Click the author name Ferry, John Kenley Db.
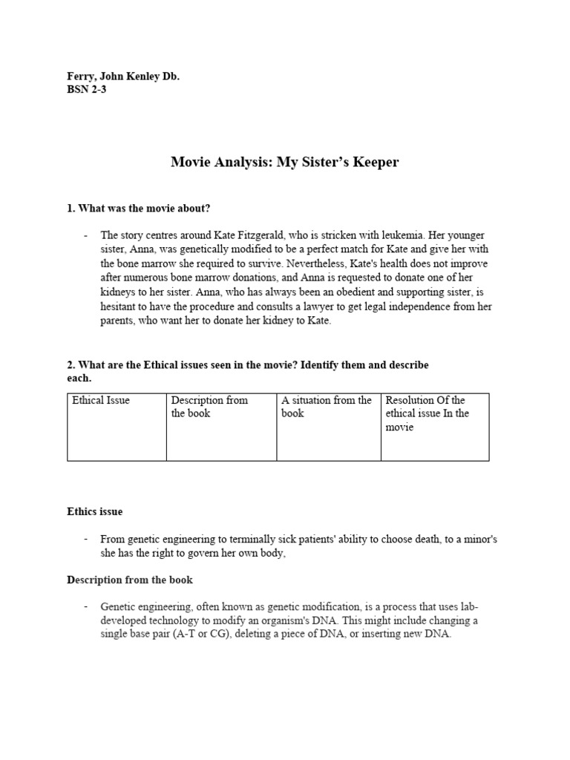click(123, 76)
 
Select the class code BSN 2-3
click(87, 90)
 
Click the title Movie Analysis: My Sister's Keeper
click(285, 162)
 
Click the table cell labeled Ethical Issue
click(117, 427)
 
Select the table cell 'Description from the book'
click(221, 427)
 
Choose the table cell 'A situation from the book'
click(328, 427)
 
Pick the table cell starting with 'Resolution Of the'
click(434, 427)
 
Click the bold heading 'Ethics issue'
click(95, 511)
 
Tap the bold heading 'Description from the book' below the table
click(130, 579)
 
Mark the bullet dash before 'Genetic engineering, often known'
click(87, 606)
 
